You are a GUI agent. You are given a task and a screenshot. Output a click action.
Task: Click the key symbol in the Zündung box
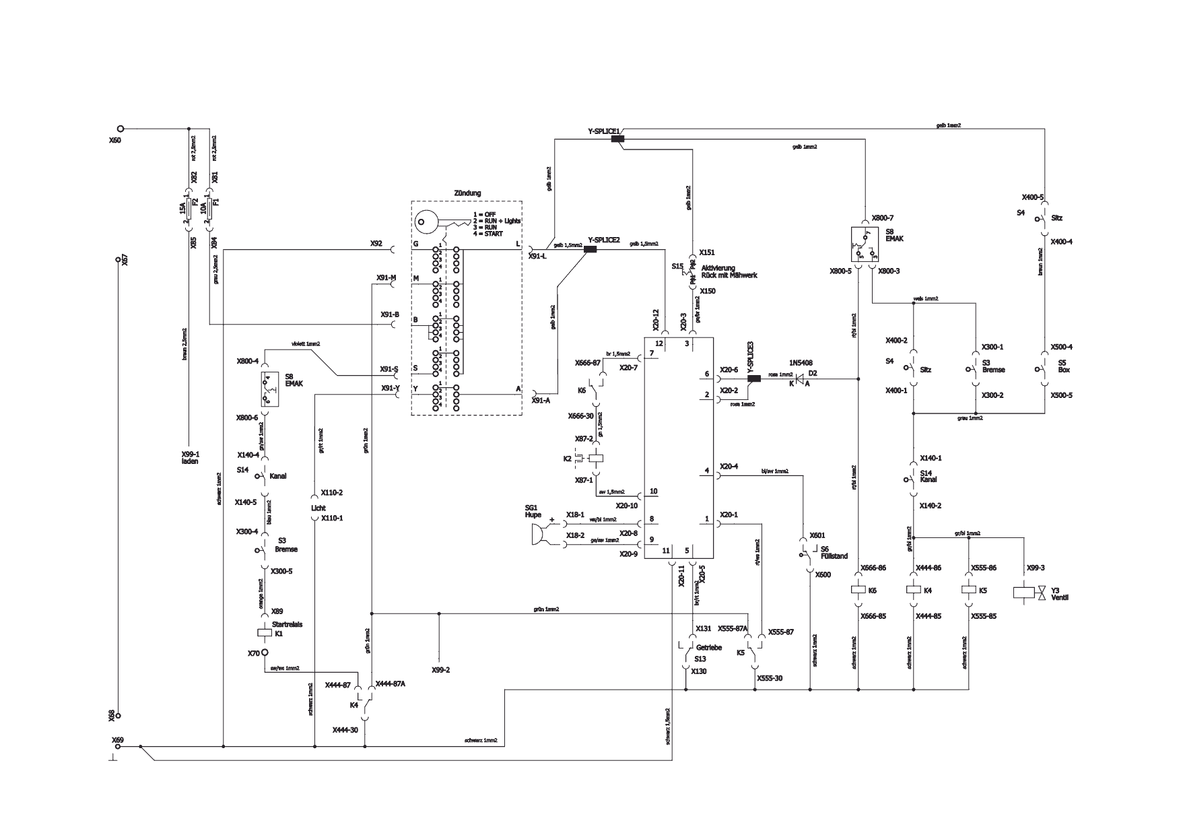(x=438, y=222)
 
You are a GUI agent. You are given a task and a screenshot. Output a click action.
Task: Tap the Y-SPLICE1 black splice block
(x=617, y=139)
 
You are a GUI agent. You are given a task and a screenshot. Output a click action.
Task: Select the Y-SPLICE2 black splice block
(x=590, y=250)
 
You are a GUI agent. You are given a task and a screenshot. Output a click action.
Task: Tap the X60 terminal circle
(x=121, y=129)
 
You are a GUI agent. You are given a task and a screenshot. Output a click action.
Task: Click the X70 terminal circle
(x=265, y=653)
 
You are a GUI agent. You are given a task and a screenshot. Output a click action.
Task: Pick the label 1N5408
(x=802, y=362)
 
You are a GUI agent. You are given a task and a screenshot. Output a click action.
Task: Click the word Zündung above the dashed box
(x=467, y=193)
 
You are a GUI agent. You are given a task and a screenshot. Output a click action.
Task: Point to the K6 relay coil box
(x=858, y=590)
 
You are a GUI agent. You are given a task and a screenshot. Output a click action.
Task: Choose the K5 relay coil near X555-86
(x=969, y=590)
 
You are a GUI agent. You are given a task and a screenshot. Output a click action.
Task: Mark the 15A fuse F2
(x=189, y=209)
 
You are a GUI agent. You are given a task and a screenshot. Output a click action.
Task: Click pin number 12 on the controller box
(x=659, y=343)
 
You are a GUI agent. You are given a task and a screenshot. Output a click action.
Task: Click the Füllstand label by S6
(x=834, y=556)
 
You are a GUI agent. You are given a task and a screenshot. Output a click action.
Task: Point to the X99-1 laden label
(x=190, y=458)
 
